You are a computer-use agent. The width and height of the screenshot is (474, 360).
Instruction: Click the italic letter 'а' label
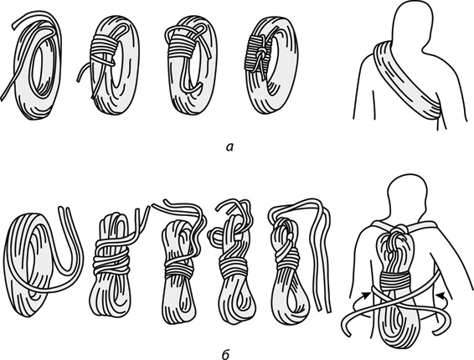tap(230, 147)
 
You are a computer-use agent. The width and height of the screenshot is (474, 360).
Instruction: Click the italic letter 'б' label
tap(226, 355)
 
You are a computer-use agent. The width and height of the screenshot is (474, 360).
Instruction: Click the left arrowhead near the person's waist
tap(366, 294)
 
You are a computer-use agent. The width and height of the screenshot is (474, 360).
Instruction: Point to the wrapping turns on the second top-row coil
tap(105, 49)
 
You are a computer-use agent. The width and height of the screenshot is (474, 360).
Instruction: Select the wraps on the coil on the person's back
tap(395, 280)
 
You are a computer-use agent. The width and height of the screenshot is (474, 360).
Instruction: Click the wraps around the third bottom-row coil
tap(179, 268)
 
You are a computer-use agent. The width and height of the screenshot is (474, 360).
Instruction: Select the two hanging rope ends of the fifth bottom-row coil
tap(320, 260)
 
